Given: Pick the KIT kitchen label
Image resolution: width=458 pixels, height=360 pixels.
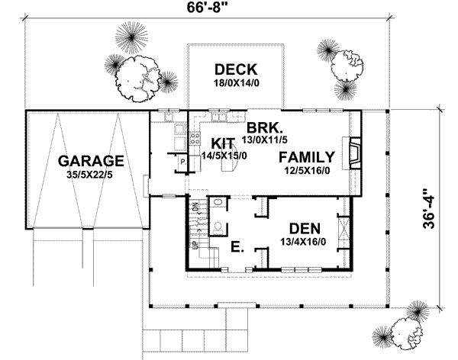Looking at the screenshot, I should [222, 143].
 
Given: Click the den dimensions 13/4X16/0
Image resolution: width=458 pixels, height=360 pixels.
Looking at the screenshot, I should [309, 241].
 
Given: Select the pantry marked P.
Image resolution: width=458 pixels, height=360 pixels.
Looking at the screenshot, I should [182, 163].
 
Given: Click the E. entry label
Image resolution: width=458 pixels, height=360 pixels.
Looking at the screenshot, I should [237, 248].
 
